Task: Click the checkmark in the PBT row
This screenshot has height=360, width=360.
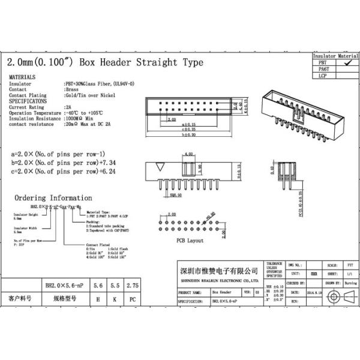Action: click(x=347, y=62)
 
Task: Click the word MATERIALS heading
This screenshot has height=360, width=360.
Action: click(x=22, y=77)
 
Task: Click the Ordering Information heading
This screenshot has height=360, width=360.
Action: click(x=53, y=197)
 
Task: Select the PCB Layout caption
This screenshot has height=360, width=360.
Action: click(x=190, y=240)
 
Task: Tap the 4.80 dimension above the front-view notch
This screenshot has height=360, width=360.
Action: click(x=189, y=155)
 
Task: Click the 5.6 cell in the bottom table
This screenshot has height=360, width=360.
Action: click(x=98, y=287)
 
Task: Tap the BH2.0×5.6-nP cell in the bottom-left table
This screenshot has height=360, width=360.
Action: click(x=63, y=287)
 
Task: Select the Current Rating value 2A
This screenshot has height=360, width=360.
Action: click(x=68, y=107)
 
